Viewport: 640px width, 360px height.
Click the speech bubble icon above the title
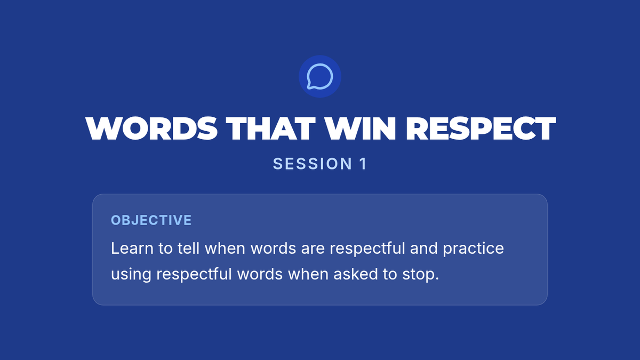pos(319,76)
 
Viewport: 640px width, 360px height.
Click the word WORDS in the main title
pos(151,129)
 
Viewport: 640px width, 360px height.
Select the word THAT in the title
pos(270,129)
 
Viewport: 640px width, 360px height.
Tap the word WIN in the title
pos(361,129)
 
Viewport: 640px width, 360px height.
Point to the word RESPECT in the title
pos(481,129)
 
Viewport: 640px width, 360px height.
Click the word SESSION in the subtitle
pos(313,164)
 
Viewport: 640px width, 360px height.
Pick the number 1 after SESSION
pos(363,164)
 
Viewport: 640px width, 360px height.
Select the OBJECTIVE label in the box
pos(151,220)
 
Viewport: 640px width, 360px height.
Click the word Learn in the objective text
pos(132,248)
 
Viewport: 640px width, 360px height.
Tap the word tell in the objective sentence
pos(188,248)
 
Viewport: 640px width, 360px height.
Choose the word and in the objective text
pos(423,248)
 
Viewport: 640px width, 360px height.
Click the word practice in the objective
pos(473,249)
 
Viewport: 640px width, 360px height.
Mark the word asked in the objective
pos(356,274)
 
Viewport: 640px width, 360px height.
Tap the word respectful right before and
pos(367,249)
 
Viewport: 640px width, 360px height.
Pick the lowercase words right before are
pos(273,248)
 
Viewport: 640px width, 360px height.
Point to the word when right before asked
pos(308,274)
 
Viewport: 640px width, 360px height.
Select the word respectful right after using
pos(194,275)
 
